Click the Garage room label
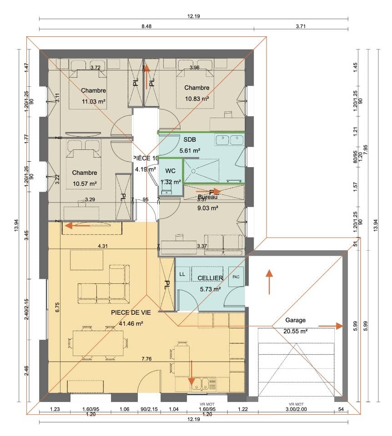[x=295, y=320]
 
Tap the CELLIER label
[x=210, y=278]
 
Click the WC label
[x=171, y=171]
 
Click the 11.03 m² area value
[x=94, y=102]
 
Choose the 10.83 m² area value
[x=197, y=99]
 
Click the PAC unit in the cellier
[x=236, y=277]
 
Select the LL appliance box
[x=182, y=274]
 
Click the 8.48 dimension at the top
[x=146, y=27]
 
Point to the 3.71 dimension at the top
[x=301, y=27]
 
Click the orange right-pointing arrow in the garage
[x=330, y=326]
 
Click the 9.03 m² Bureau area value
[x=207, y=208]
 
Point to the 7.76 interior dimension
[x=146, y=359]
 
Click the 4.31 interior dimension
[x=103, y=246]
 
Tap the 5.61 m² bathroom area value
[x=190, y=150]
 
